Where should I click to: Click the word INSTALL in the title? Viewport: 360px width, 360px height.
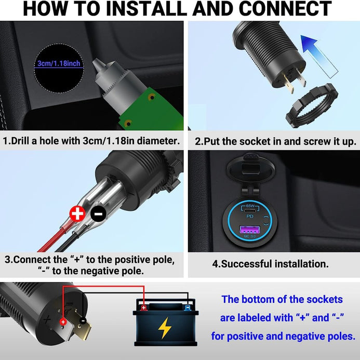pos(146,8)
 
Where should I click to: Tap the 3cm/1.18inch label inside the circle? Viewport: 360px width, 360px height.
pos(59,63)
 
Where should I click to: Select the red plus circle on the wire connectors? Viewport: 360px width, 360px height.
pos(77,214)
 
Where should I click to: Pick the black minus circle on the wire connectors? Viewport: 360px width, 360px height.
pos(98,214)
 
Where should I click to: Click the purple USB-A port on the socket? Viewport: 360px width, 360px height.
pos(250,230)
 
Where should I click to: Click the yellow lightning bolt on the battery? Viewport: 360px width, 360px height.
pos(164,328)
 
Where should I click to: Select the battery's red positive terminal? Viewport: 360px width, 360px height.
pos(144,307)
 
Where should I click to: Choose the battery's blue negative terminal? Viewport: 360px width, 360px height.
pos(188,307)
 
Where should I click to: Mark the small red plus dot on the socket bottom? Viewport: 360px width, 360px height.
pos(63,322)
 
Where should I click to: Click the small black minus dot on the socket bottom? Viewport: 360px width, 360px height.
pos(83,321)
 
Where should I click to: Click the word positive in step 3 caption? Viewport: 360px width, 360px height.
pos(132,260)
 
